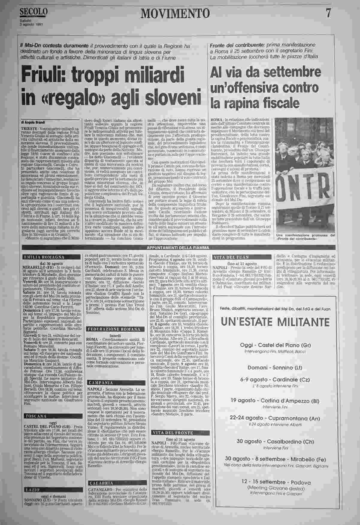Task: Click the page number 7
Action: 328,13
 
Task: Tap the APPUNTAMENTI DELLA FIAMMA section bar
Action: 178,247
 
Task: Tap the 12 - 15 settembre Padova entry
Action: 275,482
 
